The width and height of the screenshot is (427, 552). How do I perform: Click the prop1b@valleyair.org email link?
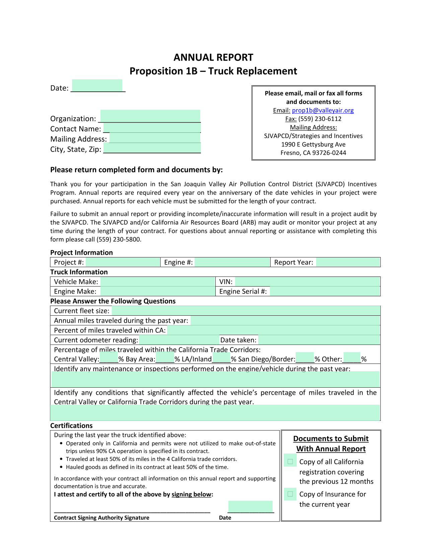point(323,110)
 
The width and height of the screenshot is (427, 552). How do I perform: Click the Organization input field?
point(150,116)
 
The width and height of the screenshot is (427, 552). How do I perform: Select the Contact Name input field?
point(152,128)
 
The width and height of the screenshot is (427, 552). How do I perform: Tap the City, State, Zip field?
point(152,148)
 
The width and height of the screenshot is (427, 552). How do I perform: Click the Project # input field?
point(123,262)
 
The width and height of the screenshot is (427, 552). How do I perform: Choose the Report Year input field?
point(348,262)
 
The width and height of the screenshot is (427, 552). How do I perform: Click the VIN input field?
point(307,282)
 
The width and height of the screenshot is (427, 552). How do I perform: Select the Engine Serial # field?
point(325,291)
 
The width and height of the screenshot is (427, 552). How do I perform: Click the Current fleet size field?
point(246,311)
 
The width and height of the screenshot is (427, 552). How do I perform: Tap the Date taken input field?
point(319,340)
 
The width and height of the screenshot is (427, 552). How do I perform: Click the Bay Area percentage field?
point(165,358)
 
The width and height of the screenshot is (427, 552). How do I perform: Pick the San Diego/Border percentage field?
point(305,358)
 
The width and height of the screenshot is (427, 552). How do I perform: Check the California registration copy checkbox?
point(290,462)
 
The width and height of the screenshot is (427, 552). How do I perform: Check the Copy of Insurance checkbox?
point(290,494)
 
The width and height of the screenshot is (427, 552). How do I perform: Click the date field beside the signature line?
point(251,506)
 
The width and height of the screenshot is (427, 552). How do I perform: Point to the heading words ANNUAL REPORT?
point(213,58)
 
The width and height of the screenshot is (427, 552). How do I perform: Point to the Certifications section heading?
point(71,426)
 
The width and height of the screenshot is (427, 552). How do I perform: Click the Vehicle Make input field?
point(157,282)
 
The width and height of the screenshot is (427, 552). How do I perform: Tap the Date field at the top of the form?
point(97,85)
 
